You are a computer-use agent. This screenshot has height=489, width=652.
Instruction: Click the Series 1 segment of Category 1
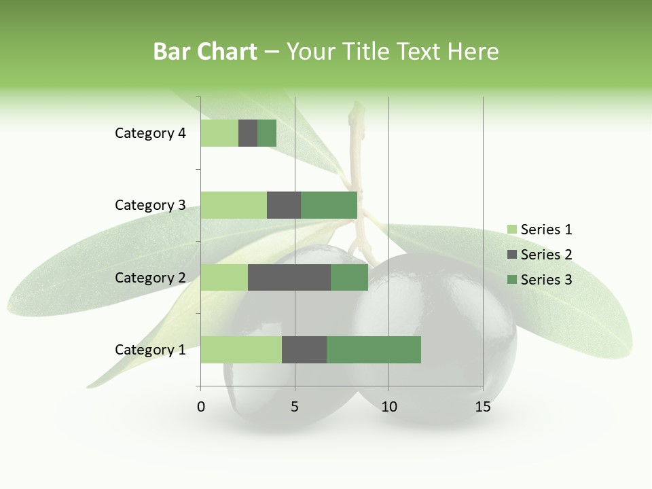point(241,350)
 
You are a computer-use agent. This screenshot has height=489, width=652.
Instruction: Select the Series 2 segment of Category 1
point(304,350)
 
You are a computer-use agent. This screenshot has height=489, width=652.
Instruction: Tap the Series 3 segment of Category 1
point(374,350)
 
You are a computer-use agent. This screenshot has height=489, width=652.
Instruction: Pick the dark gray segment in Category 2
point(289,278)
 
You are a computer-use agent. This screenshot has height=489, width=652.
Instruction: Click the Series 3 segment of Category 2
point(349,278)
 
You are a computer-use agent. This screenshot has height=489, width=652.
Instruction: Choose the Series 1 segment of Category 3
point(234,205)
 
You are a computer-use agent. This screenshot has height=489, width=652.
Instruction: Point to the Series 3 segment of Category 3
point(329,205)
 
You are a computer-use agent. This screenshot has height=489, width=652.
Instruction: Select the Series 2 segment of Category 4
point(248,133)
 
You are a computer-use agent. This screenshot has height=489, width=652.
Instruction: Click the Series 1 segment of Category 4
point(219,133)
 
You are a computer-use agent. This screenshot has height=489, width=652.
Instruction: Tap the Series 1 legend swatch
point(512,230)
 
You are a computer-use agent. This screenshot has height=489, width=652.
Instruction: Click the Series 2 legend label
point(546,255)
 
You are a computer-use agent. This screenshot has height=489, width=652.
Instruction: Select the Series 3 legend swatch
point(512,280)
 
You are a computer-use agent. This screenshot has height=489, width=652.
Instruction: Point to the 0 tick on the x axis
point(201,407)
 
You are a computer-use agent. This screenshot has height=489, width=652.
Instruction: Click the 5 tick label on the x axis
point(295,407)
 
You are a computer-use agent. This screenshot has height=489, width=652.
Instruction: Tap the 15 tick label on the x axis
point(483,407)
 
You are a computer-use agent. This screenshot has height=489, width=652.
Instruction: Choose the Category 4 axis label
point(150,133)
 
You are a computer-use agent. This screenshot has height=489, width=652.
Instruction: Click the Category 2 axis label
point(150,278)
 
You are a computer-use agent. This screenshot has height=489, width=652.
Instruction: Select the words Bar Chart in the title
point(205,52)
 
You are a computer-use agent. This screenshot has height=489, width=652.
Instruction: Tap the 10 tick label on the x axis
point(388,407)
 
